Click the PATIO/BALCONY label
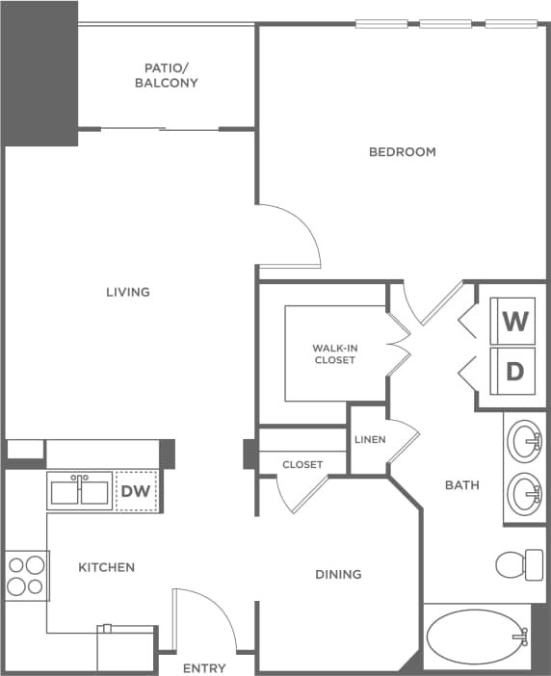[x=171, y=75]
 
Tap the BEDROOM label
[x=403, y=151]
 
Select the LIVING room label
[x=128, y=292]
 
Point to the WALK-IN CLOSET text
[x=333, y=353]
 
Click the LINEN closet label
[x=370, y=440]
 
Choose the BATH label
[x=461, y=484]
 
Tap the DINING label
[x=338, y=574]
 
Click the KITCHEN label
[x=106, y=567]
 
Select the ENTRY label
[x=204, y=667]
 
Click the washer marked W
[x=515, y=322]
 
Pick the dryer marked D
[x=515, y=371]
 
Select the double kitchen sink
[x=80, y=491]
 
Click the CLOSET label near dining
[x=302, y=464]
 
